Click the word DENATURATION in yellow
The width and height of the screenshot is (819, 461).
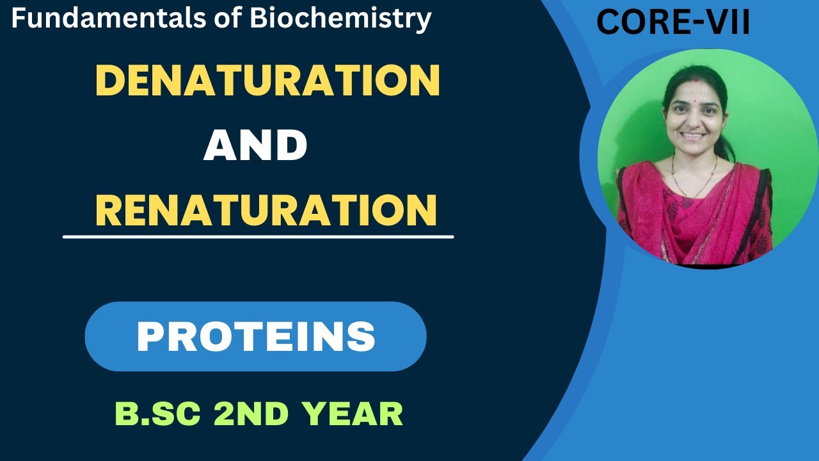[267, 81]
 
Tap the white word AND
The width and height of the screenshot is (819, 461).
[255, 145]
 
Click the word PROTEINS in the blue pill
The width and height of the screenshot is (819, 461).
[256, 336]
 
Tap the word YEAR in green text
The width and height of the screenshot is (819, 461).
[353, 414]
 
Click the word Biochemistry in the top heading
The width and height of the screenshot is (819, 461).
[340, 19]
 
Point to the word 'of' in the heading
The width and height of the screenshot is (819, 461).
[230, 19]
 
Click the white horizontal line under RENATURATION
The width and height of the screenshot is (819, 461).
[258, 237]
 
